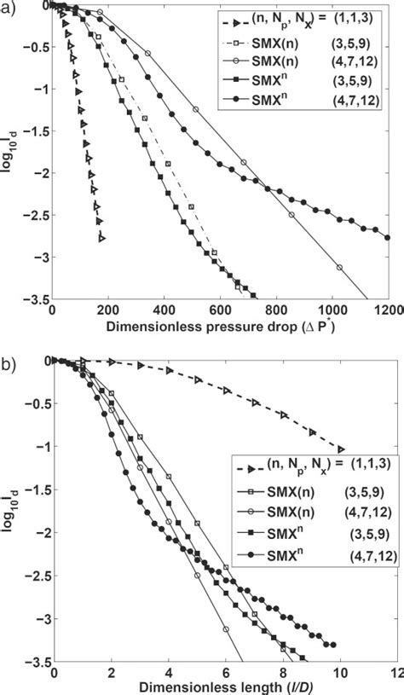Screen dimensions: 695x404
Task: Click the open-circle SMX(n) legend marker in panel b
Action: pos(247,512)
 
